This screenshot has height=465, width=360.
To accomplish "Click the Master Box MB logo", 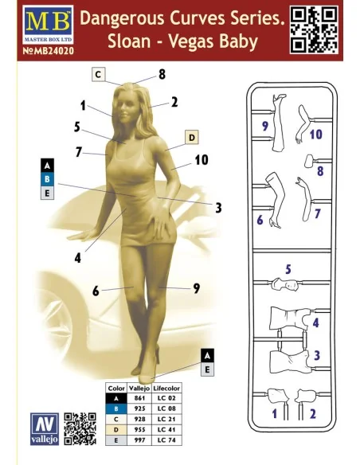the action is click(x=48, y=25).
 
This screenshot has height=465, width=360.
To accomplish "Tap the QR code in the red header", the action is click(x=314, y=29).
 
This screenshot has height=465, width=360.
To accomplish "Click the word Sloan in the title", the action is click(x=129, y=41).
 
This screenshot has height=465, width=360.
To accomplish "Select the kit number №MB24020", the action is click(x=49, y=51).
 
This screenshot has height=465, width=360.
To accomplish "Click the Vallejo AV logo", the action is click(x=45, y=428).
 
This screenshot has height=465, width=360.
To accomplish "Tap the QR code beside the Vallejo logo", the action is click(x=80, y=428).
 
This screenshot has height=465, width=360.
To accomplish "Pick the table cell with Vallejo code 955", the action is click(x=139, y=429).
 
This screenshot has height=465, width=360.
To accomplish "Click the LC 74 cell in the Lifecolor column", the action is click(x=166, y=440).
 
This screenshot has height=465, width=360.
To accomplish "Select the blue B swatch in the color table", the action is click(x=116, y=408).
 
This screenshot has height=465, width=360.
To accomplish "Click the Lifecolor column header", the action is click(x=166, y=388).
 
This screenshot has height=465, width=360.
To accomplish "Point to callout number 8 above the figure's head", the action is click(x=162, y=74).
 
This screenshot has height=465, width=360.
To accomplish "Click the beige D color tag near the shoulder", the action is click(x=192, y=137).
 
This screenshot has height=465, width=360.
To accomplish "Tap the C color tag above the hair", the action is click(x=99, y=74).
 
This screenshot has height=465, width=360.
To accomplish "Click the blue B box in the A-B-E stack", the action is click(x=47, y=179).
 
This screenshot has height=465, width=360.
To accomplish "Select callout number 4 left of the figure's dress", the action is click(x=78, y=258).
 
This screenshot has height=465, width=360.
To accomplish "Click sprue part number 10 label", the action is click(x=316, y=135).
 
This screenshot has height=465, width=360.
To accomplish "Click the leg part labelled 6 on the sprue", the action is click(x=274, y=201).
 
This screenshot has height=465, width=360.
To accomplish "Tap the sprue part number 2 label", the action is click(x=313, y=414).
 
